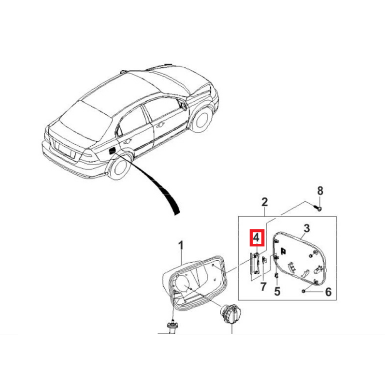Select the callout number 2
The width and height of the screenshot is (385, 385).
click(264, 202)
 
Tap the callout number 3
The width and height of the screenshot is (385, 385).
click(307, 228)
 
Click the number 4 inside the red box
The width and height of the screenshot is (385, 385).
click(256, 238)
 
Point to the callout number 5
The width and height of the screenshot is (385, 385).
click(277, 291)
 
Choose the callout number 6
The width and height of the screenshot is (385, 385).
click(328, 292)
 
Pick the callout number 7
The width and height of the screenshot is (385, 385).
click(263, 286)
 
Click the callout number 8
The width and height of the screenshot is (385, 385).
click(320, 191)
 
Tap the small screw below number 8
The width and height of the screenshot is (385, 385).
click(318, 209)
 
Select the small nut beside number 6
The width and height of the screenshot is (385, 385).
click(303, 291)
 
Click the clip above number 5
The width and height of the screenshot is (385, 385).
click(276, 276)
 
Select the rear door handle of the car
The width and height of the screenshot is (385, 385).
click(127, 141)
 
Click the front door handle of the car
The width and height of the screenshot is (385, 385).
click(161, 125)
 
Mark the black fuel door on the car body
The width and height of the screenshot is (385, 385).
click(112, 150)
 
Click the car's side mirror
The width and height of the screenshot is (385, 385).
click(183, 105)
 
